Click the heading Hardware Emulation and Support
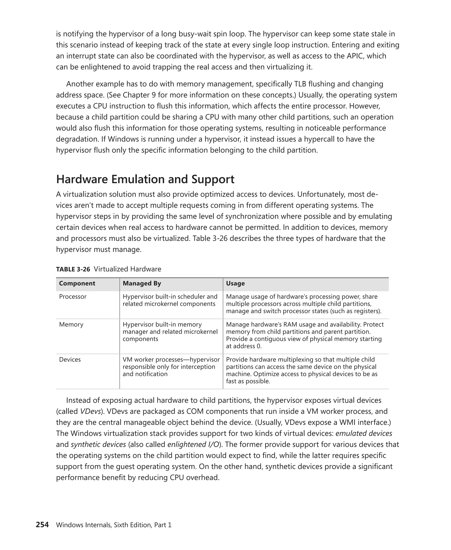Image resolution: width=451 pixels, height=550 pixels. (x=145, y=179)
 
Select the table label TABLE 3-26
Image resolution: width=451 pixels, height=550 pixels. (x=73, y=269)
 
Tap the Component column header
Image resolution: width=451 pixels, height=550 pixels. (x=77, y=283)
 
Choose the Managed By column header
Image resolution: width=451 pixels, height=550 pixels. (x=142, y=283)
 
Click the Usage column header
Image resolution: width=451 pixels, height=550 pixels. (x=235, y=283)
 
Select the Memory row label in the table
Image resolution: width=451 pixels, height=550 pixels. (x=71, y=324)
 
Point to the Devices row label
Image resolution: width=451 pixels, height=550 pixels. (x=70, y=359)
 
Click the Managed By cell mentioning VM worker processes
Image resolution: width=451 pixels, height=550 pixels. (x=171, y=367)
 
